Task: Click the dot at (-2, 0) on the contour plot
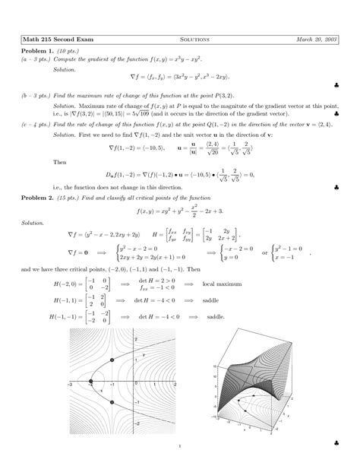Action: pyautogui.click(x=93, y=381)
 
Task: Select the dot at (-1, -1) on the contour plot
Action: pyautogui.click(x=111, y=403)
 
